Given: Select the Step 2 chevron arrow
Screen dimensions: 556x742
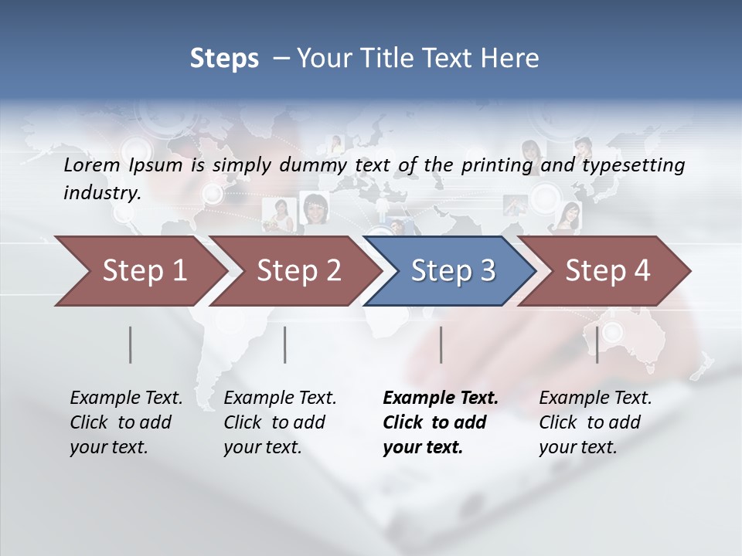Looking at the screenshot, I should [298, 270].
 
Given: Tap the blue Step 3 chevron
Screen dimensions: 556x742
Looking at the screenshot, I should [453, 270].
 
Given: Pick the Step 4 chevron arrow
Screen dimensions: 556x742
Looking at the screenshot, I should [608, 270].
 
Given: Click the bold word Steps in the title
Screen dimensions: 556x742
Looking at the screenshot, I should [224, 59].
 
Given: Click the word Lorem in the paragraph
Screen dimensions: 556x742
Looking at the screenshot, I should [91, 164].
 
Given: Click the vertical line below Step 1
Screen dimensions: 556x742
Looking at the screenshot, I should [131, 344].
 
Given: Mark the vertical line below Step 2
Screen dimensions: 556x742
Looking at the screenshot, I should [285, 344].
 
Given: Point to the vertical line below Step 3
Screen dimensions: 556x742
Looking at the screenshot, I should [441, 344].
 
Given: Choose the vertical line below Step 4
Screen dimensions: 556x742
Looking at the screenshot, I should [597, 344].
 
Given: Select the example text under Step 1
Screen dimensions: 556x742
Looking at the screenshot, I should [125, 422].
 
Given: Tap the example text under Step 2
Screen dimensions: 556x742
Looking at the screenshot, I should [279, 422].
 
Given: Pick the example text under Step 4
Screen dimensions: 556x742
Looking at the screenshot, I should [594, 422].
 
